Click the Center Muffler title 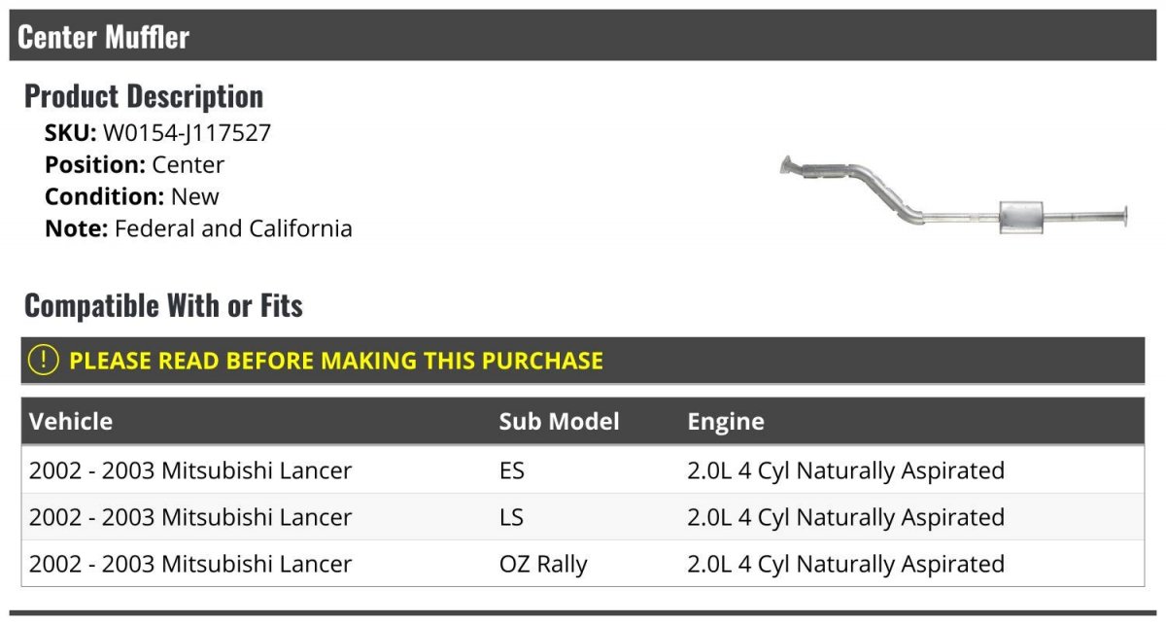click(104, 37)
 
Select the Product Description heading click(144, 96)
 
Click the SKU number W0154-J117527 click(187, 133)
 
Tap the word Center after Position click(188, 165)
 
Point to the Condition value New click(194, 197)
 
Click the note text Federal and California click(233, 228)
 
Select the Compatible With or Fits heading click(163, 305)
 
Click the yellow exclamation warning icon click(43, 360)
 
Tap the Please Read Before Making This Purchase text click(336, 361)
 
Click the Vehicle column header click(71, 421)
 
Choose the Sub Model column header click(559, 421)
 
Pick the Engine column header click(726, 421)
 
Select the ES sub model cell click(512, 470)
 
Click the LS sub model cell click(511, 517)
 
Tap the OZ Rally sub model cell click(543, 564)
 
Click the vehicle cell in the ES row click(190, 470)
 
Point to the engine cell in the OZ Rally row click(846, 564)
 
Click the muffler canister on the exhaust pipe click(1021, 217)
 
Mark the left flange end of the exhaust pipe click(786, 165)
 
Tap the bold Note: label click(77, 228)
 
